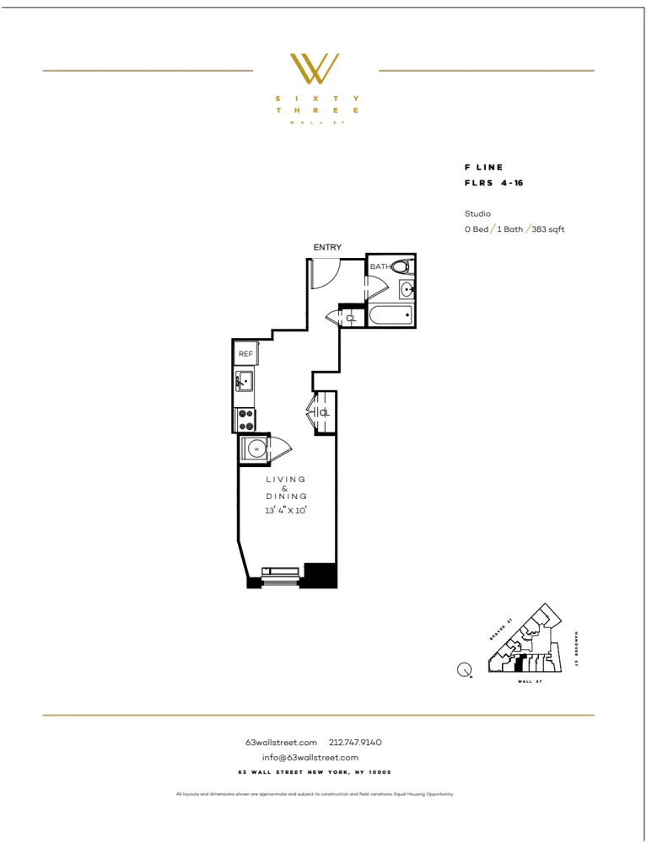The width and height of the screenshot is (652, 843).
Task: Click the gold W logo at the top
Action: pyautogui.click(x=315, y=69)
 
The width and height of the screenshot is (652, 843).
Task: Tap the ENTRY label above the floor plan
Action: pyautogui.click(x=327, y=247)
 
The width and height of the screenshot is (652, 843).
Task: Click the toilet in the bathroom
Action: pyautogui.click(x=401, y=267)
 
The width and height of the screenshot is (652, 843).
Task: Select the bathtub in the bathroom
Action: pyautogui.click(x=390, y=316)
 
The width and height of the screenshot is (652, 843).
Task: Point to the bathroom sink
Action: pyautogui.click(x=407, y=290)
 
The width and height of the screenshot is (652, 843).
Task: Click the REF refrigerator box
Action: pyautogui.click(x=245, y=354)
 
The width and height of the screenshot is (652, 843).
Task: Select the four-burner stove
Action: pyautogui.click(x=245, y=414)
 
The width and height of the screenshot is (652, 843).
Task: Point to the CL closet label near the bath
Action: pyautogui.click(x=351, y=318)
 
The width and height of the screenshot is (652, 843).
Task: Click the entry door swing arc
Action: pyautogui.click(x=326, y=271)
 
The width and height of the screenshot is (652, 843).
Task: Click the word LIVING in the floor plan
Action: pyautogui.click(x=286, y=479)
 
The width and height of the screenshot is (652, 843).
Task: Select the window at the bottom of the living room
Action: pyautogui.click(x=281, y=577)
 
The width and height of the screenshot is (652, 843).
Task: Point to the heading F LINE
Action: pyautogui.click(x=483, y=168)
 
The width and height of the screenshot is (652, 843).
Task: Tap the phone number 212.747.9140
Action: pyautogui.click(x=355, y=743)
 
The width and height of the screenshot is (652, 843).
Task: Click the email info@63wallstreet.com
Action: pyautogui.click(x=315, y=757)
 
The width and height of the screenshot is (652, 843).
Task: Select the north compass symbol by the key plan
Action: pyautogui.click(x=463, y=670)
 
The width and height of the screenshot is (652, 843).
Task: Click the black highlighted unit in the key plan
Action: pyautogui.click(x=521, y=663)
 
